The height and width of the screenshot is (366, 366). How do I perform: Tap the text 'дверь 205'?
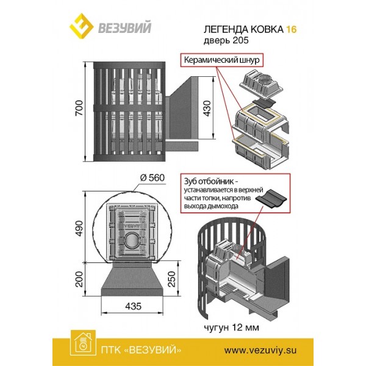(x=226, y=41)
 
